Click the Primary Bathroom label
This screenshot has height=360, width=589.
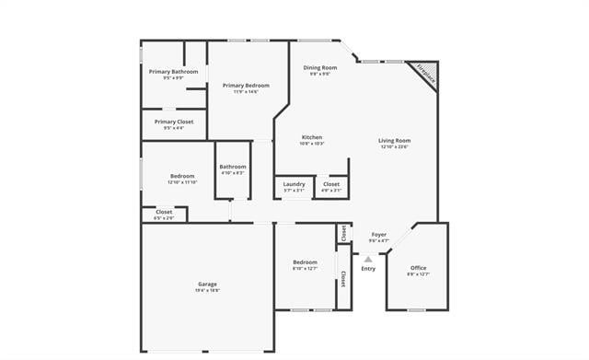coord(173,71)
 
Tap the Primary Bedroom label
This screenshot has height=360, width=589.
coord(246,85)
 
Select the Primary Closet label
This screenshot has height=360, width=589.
coord(173,122)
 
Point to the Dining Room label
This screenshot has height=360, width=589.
coord(320,67)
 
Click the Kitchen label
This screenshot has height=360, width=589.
coord(312,137)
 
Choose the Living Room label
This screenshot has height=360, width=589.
coord(394,140)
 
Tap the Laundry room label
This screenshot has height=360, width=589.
coord(294,184)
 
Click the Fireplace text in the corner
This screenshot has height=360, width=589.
coord(424,74)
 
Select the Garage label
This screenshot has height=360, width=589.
coord(207,284)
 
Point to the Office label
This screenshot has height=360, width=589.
coord(418,268)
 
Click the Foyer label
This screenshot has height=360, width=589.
coord(378,235)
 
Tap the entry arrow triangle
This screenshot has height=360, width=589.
coord(368,260)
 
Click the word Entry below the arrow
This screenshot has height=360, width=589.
coord(368,269)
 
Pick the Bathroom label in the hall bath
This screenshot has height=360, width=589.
coord(233,167)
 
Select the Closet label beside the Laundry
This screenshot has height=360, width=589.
coord(331,184)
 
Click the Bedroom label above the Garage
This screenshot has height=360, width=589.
coord(182,176)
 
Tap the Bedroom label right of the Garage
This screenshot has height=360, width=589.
coord(305,261)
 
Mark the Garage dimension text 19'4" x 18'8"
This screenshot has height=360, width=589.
coord(207,290)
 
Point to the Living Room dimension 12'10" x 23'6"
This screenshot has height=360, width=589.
coord(394,146)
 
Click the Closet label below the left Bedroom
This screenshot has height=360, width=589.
coord(164,212)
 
